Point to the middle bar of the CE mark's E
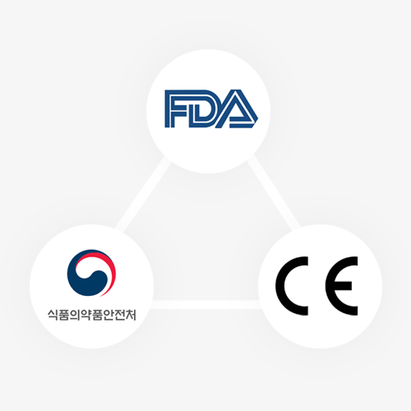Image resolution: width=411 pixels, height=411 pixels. (343, 286)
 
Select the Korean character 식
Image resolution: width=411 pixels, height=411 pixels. (53, 315)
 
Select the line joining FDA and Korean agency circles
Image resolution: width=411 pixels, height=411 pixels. (142, 192)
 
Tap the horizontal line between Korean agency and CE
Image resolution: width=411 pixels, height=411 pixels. (206, 304)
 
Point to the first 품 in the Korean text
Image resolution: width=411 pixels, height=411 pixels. (65, 315)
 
